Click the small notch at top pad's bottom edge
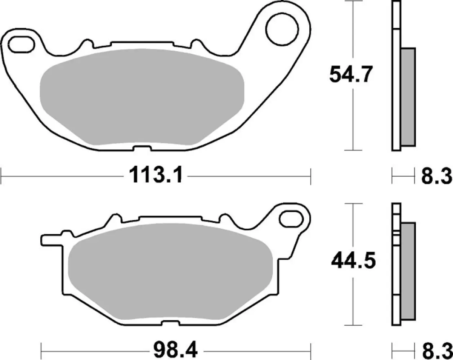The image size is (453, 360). click(141, 148)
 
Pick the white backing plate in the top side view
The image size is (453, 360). click(396, 90)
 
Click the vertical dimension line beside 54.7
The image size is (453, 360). click(352, 119)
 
